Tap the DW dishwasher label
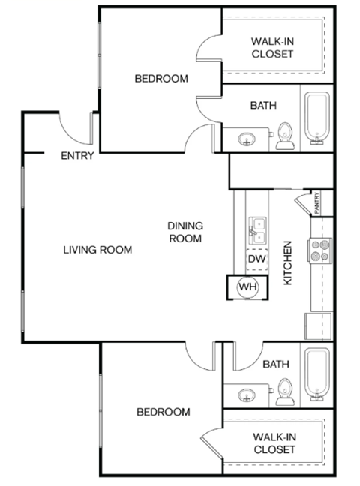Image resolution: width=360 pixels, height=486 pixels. pyautogui.click(x=256, y=259)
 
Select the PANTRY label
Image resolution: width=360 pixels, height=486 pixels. pyautogui.click(x=318, y=203)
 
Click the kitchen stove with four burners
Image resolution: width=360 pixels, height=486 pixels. pyautogui.click(x=321, y=250)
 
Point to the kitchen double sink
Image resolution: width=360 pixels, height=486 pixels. pyautogui.click(x=258, y=230)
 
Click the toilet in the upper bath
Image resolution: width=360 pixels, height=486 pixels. pyautogui.click(x=284, y=136)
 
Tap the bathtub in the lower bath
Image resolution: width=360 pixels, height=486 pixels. pyautogui.click(x=316, y=373)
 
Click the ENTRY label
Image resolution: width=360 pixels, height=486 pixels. pyautogui.click(x=77, y=156)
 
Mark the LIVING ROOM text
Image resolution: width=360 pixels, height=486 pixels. pyautogui.click(x=97, y=250)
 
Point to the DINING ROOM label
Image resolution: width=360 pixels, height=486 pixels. pyautogui.click(x=184, y=232)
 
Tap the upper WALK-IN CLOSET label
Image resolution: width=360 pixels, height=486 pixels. pyautogui.click(x=273, y=47)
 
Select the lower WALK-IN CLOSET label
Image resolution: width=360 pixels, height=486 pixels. pyautogui.click(x=273, y=442)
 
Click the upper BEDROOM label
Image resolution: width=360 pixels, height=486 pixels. pyautogui.click(x=161, y=78)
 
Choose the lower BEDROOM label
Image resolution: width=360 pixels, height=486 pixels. pyautogui.click(x=163, y=412)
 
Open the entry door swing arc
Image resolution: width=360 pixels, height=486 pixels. pyautogui.click(x=75, y=129)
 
